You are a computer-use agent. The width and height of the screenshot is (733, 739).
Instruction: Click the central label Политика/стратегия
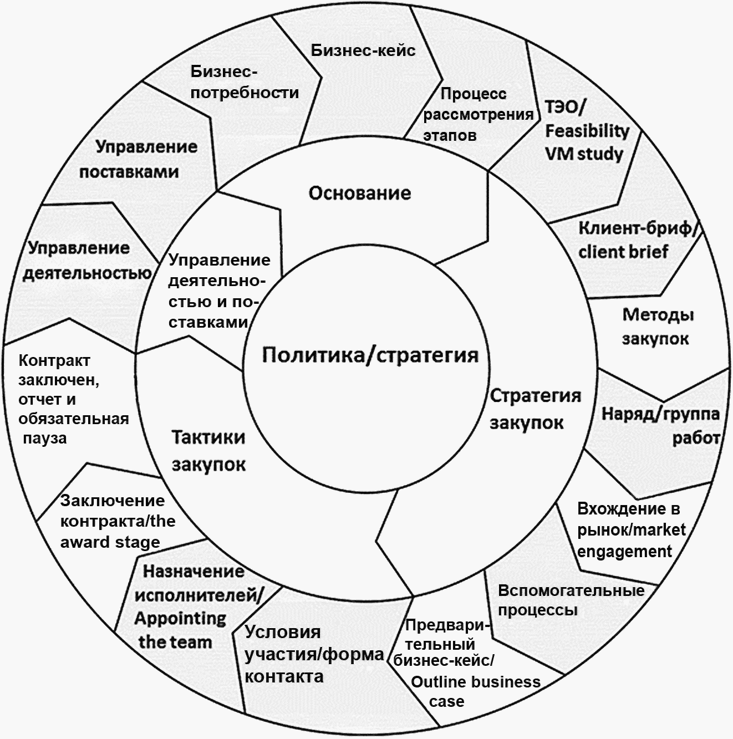pos(370,355)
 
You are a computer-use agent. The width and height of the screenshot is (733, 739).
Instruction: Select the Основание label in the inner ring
pos(360,193)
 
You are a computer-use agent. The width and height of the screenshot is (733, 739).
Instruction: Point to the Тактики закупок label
pos(208,450)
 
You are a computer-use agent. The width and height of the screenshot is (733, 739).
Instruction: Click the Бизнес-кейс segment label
pos(363,50)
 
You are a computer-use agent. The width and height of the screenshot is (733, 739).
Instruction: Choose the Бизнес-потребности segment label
pos(245,82)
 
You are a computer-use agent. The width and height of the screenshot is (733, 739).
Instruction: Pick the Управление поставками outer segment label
pos(138,159)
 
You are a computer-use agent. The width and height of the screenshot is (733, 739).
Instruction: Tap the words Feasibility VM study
pos(587,142)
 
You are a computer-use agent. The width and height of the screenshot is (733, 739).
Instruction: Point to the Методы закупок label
pos(657,327)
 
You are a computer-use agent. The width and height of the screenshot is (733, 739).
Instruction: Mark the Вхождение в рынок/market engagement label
pos(631,530)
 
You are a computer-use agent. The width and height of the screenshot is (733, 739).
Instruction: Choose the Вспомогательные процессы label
pos(571,600)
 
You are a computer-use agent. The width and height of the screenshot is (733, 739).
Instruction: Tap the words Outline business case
pos(475,691)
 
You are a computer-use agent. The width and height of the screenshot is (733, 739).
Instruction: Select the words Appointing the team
pos(180,630)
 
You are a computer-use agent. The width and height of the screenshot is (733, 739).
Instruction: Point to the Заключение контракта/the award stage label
pos(117,521)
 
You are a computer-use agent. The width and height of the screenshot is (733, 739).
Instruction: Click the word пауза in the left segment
pos(45,438)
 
